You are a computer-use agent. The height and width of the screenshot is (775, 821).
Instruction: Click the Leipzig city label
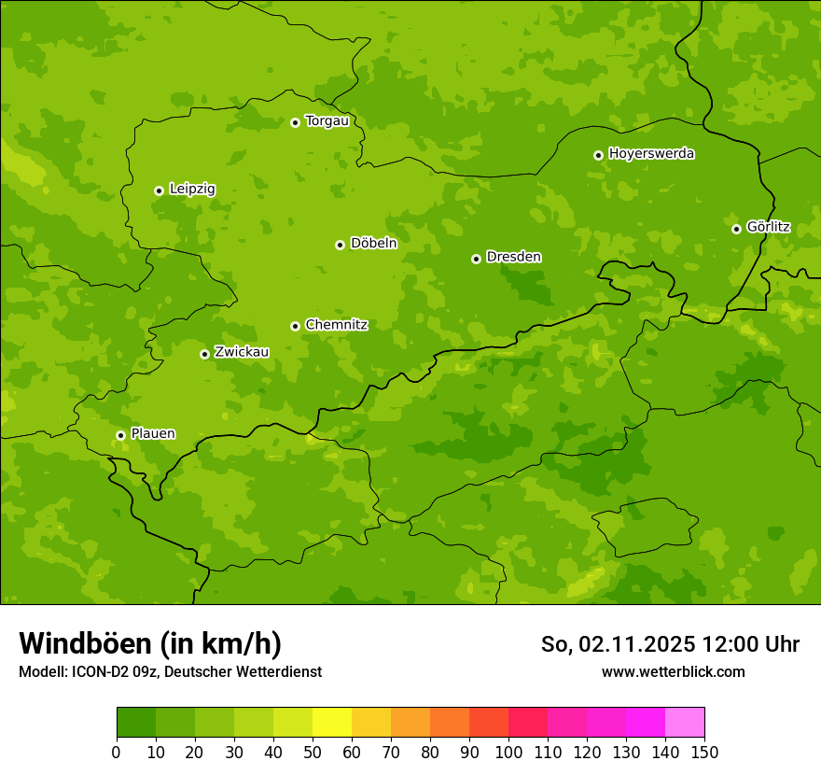[x=192, y=190]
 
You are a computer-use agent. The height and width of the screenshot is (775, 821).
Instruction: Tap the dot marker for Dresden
[x=476, y=259]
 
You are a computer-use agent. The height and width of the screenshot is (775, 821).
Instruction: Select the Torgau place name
[x=327, y=121]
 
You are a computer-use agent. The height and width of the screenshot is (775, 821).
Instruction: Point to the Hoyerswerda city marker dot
[x=598, y=155]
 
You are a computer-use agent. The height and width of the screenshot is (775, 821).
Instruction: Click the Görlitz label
[x=768, y=227]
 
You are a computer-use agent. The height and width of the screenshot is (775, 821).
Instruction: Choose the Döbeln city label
[x=373, y=244]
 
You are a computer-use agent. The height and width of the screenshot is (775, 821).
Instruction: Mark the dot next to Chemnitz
[x=295, y=326]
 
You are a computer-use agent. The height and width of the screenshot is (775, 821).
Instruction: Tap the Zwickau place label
[x=242, y=352]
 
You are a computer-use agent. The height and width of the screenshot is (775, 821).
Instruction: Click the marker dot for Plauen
[x=120, y=435]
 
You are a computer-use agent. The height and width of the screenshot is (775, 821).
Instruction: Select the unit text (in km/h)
[x=220, y=644]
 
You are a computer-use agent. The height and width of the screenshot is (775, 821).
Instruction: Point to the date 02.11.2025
[x=636, y=644]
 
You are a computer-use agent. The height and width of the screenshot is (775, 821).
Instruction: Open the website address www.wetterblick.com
[x=673, y=672]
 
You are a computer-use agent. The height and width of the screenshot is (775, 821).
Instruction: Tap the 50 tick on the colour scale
[x=313, y=752]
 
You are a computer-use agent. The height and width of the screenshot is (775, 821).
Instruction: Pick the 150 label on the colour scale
[x=704, y=752]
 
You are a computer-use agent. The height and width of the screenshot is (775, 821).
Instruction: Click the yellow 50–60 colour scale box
[x=332, y=723]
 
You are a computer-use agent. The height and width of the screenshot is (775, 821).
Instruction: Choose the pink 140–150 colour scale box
[x=685, y=723]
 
